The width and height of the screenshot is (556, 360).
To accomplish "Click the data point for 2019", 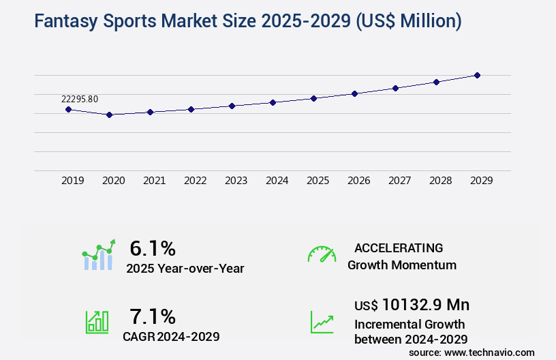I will pos(68,109).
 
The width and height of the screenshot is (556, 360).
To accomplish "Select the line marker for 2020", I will pos(109,115).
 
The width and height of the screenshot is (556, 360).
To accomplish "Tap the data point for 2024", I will pos(273,102).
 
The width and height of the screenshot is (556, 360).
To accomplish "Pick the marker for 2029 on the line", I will pos(477,75).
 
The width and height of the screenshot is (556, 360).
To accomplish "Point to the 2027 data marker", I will pos(395,88).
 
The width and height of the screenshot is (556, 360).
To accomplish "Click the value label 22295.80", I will pos(80,99).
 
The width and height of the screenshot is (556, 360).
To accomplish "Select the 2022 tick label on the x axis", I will pos(195,181).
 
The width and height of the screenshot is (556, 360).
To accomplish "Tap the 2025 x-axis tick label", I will pos(318,181).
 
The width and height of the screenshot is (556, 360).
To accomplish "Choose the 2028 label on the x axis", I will pos(440,181).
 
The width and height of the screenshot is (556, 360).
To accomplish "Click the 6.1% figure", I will pos(153,248).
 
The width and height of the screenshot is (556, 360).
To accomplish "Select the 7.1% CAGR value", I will pos(153,316).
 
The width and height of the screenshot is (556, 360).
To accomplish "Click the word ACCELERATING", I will pos(399,247).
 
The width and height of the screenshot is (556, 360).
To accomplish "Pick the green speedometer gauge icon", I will pos(322,254).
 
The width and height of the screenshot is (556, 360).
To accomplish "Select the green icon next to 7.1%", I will pos(97,321).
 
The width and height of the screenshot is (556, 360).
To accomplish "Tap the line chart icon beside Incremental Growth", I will pos(322,321).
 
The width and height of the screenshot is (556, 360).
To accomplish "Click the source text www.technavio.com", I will pos(491,352).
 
